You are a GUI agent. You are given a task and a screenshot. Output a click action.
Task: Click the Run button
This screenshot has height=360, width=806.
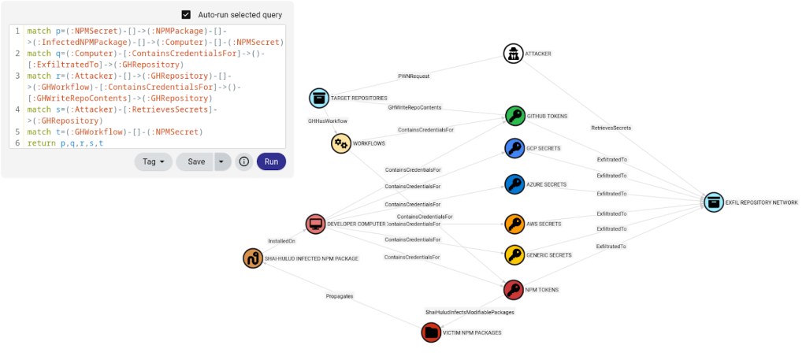(x=271, y=161)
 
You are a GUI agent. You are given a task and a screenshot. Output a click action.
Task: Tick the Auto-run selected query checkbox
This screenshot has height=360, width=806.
(x=186, y=14)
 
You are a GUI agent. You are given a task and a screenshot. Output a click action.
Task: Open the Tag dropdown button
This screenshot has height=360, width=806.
(x=154, y=161)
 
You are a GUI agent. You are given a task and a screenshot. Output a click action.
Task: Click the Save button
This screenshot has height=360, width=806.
(x=196, y=161)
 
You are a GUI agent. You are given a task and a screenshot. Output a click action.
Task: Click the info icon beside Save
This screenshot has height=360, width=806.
(x=244, y=161)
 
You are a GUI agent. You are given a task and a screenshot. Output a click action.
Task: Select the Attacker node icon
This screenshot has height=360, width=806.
(x=514, y=54)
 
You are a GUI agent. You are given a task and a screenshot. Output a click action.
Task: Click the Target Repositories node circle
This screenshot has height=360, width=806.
(x=318, y=98)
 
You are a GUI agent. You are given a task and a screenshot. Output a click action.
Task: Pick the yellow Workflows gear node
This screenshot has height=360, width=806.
(x=340, y=143)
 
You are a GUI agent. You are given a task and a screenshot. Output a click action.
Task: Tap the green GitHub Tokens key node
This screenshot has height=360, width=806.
(x=514, y=116)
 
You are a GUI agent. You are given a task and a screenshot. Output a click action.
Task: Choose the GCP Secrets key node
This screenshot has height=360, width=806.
(x=514, y=147)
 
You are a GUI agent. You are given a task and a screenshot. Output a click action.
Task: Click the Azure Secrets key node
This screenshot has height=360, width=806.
(x=514, y=184)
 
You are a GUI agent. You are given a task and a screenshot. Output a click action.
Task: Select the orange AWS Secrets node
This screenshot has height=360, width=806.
(x=514, y=224)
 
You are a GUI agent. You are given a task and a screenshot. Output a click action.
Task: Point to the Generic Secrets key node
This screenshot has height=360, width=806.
(x=514, y=254)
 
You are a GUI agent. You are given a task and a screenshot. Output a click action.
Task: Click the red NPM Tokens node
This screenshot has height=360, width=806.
(x=514, y=290)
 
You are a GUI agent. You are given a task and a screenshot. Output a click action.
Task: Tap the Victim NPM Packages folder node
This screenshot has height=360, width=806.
(x=431, y=332)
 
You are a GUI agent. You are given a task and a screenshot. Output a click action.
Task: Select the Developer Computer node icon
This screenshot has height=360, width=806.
(x=315, y=224)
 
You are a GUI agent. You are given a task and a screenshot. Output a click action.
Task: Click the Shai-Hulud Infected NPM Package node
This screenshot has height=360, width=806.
(x=253, y=258)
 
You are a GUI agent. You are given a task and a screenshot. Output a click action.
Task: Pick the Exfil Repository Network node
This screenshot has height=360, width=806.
(x=714, y=202)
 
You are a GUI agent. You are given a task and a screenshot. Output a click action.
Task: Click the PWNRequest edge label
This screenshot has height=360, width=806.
(x=414, y=77)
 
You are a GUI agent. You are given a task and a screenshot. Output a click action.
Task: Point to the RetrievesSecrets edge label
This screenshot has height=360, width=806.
(x=611, y=127)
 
